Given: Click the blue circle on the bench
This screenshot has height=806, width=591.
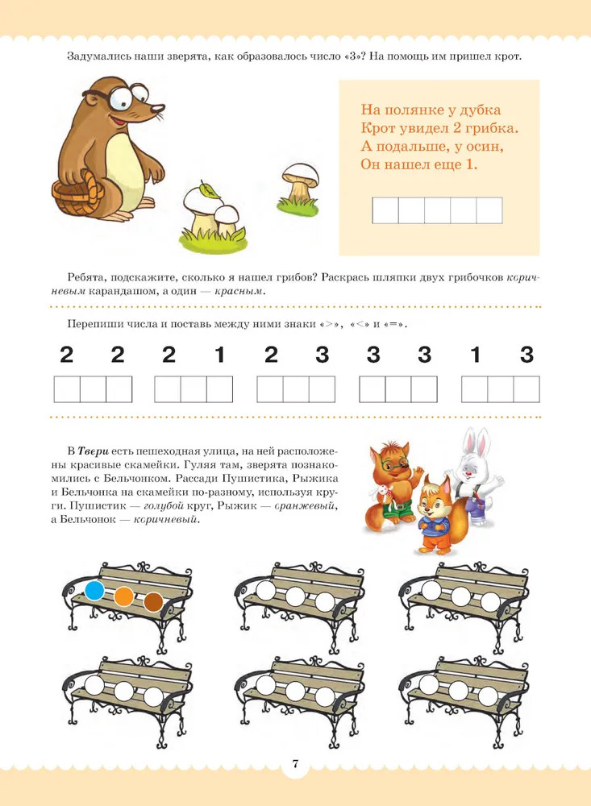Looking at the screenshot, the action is tap(94, 590).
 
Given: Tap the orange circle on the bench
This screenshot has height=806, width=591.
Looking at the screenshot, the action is tap(124, 596).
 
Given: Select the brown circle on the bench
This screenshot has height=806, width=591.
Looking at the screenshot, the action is tap(153, 602).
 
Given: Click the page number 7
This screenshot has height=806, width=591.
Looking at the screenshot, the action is tap(295, 763).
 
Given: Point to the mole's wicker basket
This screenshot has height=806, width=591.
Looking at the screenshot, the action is tap(78, 195).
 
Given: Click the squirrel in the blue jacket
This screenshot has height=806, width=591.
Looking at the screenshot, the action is tap(435, 515).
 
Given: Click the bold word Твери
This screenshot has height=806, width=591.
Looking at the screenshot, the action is tap(93, 451).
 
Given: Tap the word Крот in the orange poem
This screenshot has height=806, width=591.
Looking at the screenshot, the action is tap(377, 128).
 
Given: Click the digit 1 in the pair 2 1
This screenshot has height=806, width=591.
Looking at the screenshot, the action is tap(219, 355).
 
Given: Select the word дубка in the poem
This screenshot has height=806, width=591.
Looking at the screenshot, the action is tap(480, 110).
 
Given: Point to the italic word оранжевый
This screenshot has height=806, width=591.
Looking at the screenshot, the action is tap(306, 506).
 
